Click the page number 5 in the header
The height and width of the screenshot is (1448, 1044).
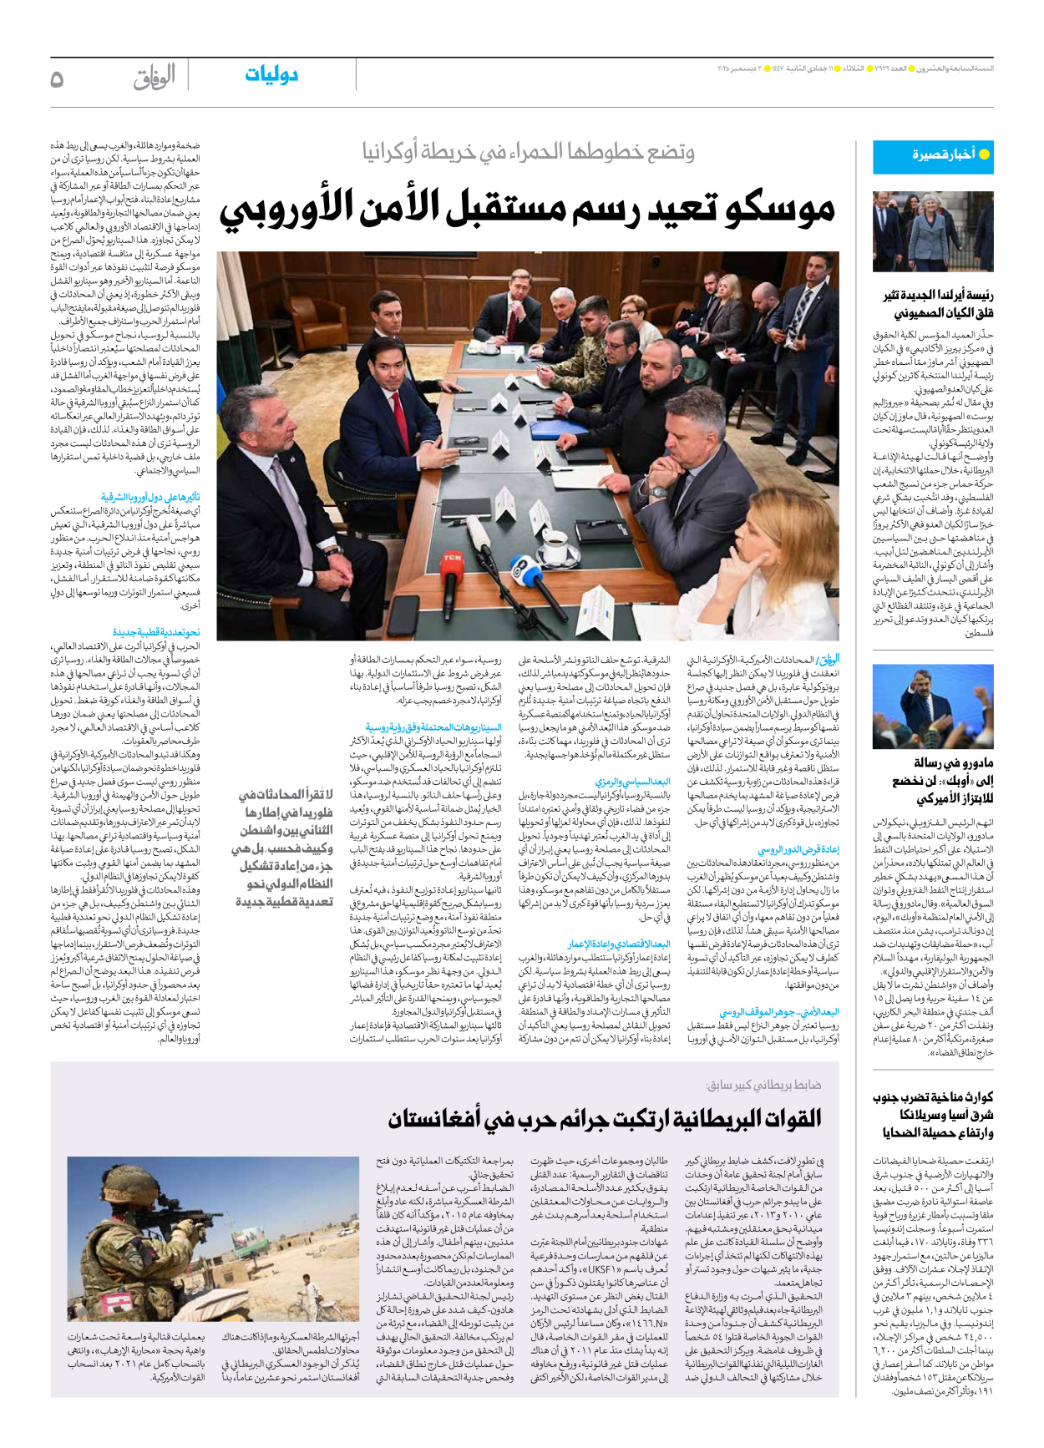pyautogui.click(x=57, y=78)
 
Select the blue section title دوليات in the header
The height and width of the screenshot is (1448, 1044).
pyautogui.click(x=271, y=75)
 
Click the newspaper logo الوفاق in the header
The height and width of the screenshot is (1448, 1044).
pyautogui.click(x=155, y=78)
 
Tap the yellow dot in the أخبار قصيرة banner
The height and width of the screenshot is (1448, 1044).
pyautogui.click(x=984, y=154)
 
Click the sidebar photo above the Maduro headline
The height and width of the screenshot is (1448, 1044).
pyautogui.click(x=933, y=706)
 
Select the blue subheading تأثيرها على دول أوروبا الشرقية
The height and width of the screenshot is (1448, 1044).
pyautogui.click(x=151, y=497)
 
